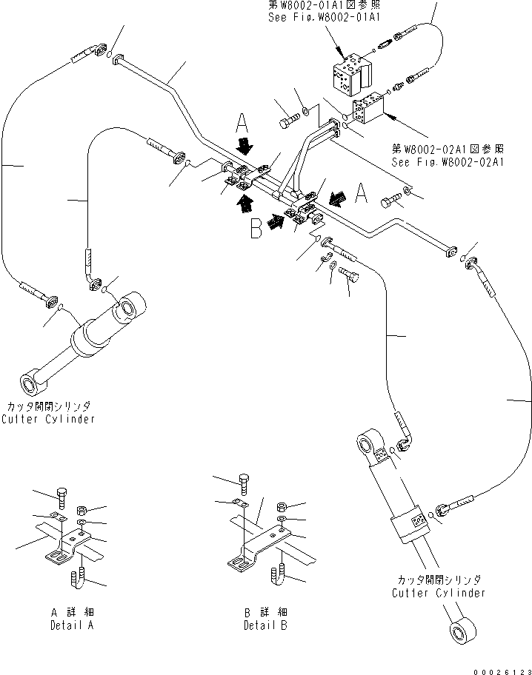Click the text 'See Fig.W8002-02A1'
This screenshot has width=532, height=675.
450,162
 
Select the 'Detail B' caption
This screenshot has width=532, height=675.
266,625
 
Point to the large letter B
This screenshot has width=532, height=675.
256,229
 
